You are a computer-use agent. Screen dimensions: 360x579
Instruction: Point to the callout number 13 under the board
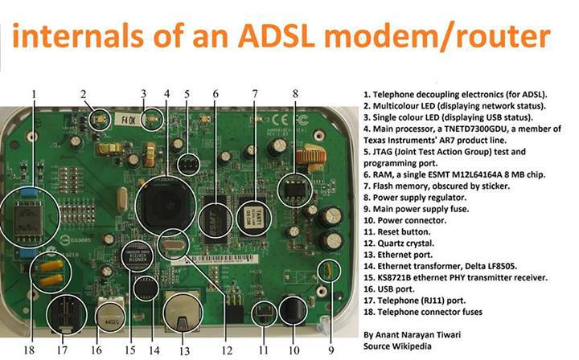click(x=184, y=350)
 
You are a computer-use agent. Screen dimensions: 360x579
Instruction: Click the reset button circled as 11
click(x=263, y=313)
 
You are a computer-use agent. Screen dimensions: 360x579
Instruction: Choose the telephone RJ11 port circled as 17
click(x=65, y=316)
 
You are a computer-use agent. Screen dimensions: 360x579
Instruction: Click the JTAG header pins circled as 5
click(x=187, y=164)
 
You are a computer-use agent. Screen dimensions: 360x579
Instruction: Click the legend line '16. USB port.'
click(x=389, y=289)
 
